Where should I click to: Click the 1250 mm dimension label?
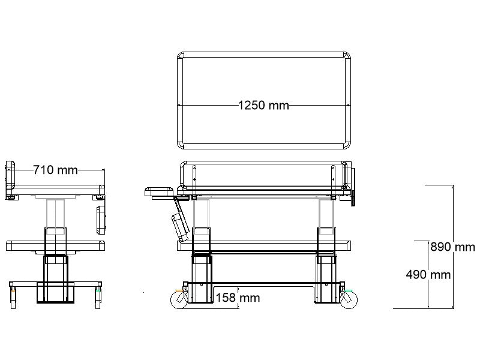pyautogui.click(x=263, y=106)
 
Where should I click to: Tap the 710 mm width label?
pyautogui.click(x=55, y=170)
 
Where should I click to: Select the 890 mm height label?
pyautogui.click(x=452, y=247)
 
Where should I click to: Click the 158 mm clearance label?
pyautogui.click(x=238, y=298)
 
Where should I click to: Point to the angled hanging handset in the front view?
pyautogui.click(x=180, y=222)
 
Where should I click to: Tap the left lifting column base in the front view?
pyautogui.click(x=202, y=279)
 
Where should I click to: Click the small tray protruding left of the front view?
pyautogui.click(x=159, y=192)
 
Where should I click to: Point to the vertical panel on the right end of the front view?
pyautogui.click(x=353, y=187)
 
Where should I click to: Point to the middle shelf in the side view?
pyautogui.click(x=55, y=245)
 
